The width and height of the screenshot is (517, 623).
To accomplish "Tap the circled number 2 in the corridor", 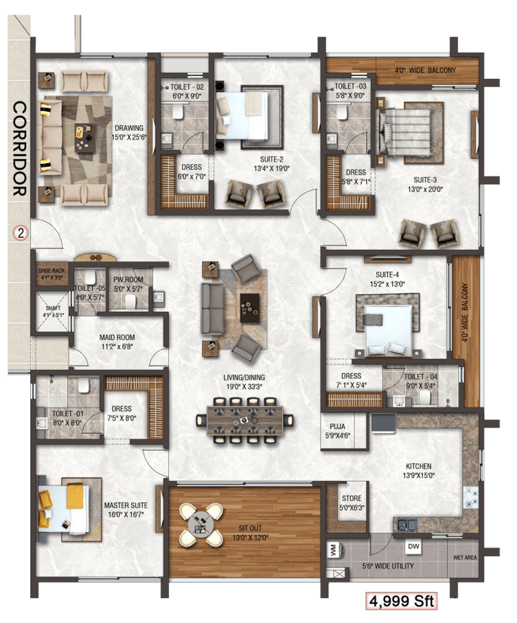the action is [20, 233].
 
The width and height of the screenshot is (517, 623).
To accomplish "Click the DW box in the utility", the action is [414, 546].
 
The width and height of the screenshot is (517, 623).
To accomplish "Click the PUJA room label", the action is [337, 427].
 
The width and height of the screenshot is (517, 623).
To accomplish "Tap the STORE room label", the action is [352, 499].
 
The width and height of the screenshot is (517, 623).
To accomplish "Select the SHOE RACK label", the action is [52, 271].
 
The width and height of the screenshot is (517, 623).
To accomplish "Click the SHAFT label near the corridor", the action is [53, 308].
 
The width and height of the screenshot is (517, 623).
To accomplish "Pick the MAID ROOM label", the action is [117, 337].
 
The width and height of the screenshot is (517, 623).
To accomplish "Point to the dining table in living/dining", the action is [245, 421].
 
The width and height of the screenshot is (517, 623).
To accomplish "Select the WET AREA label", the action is [465, 558].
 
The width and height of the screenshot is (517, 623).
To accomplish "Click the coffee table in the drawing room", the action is [85, 138].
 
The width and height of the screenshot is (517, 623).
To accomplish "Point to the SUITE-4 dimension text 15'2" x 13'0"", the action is [387, 284].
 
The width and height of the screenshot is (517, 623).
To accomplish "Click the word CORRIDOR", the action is [20, 148].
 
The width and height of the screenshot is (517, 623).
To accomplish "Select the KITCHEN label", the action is [418, 466].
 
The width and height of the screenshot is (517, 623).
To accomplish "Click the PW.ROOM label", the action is [128, 279].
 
